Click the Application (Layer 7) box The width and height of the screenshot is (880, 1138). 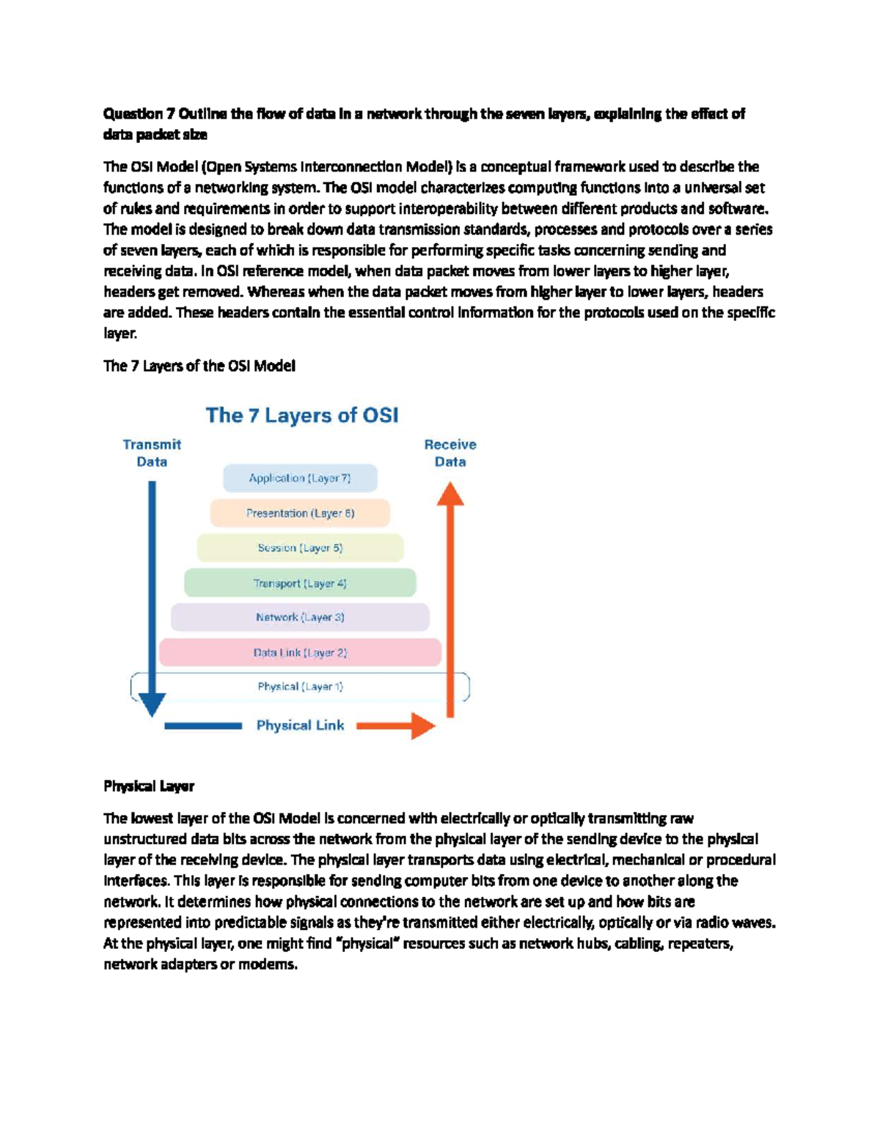click(x=300, y=479)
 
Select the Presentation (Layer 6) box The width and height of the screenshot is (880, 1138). click(x=300, y=513)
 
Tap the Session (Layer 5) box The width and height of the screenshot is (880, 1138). click(x=300, y=548)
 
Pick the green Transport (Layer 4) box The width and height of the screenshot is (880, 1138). click(x=300, y=583)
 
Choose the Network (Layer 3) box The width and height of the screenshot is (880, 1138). click(x=300, y=617)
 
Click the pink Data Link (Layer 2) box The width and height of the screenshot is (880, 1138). click(x=300, y=652)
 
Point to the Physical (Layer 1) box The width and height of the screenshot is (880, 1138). click(x=300, y=687)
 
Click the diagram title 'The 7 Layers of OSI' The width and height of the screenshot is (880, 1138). click(x=302, y=415)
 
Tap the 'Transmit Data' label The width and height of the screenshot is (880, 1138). click(x=152, y=453)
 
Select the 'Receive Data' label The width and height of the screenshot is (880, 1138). click(x=450, y=453)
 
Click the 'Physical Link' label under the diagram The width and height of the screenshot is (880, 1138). click(x=300, y=725)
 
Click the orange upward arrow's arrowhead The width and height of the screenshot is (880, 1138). click(x=450, y=495)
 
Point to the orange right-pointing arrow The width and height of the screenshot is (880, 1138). click(x=400, y=725)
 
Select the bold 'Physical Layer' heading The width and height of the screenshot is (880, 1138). click(x=149, y=786)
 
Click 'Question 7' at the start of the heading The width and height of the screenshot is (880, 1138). click(x=133, y=114)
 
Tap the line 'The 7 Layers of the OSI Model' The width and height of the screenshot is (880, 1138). click(x=199, y=366)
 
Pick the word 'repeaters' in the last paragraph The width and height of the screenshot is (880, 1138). click(x=700, y=943)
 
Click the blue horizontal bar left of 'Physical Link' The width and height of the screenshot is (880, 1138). click(x=203, y=725)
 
